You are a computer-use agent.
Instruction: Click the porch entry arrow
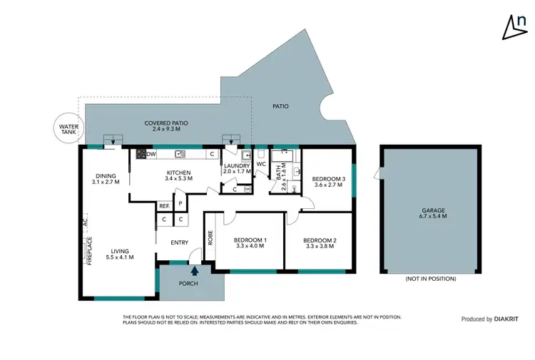click(194, 270)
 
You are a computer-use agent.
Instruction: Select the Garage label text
click(433, 212)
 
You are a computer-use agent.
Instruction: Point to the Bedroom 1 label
click(250, 243)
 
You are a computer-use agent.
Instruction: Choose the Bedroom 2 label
click(320, 243)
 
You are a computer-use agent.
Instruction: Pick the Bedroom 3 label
click(330, 182)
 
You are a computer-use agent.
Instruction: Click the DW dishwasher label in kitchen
click(151, 153)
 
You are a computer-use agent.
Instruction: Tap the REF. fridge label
click(164, 206)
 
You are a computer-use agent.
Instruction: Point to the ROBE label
click(210, 237)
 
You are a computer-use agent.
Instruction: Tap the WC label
click(260, 165)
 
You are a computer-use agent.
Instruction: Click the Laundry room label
click(236, 169)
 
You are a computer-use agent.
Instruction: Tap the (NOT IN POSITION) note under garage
click(430, 279)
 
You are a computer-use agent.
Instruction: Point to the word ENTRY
click(180, 243)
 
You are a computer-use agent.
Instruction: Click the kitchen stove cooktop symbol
click(141, 153)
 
